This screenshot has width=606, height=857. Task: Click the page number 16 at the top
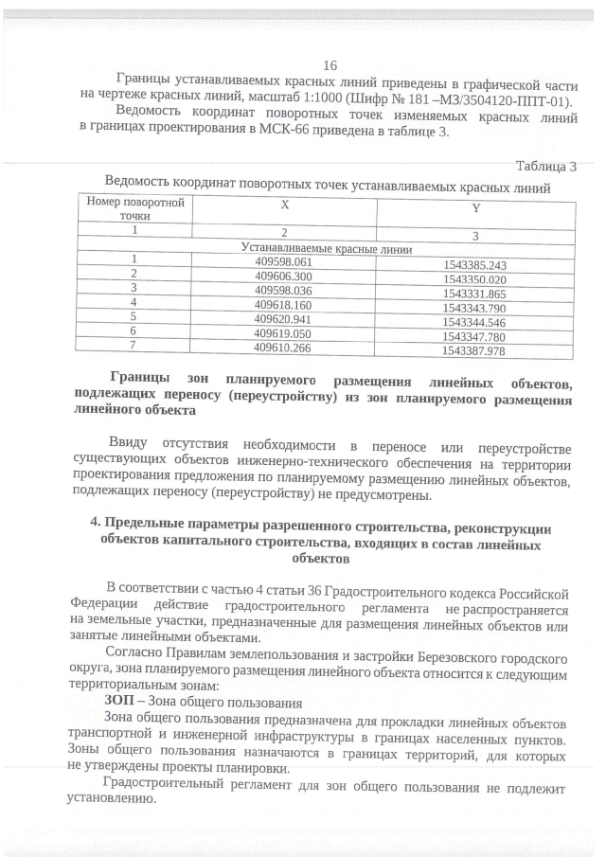tap(330, 65)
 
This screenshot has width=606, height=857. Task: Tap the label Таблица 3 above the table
tap(545, 167)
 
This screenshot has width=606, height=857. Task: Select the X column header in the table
tap(284, 205)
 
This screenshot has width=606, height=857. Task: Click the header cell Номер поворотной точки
tap(135, 208)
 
